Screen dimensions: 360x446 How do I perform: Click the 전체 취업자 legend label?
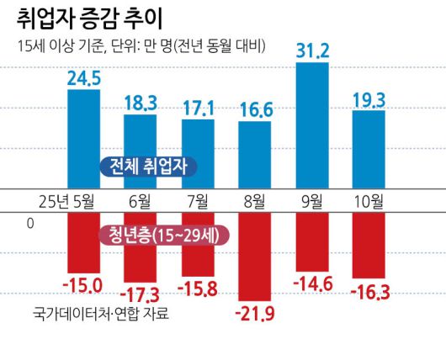click(148, 167)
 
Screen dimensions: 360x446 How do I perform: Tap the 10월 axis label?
click(369, 201)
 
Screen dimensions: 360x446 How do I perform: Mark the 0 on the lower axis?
click(31, 224)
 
